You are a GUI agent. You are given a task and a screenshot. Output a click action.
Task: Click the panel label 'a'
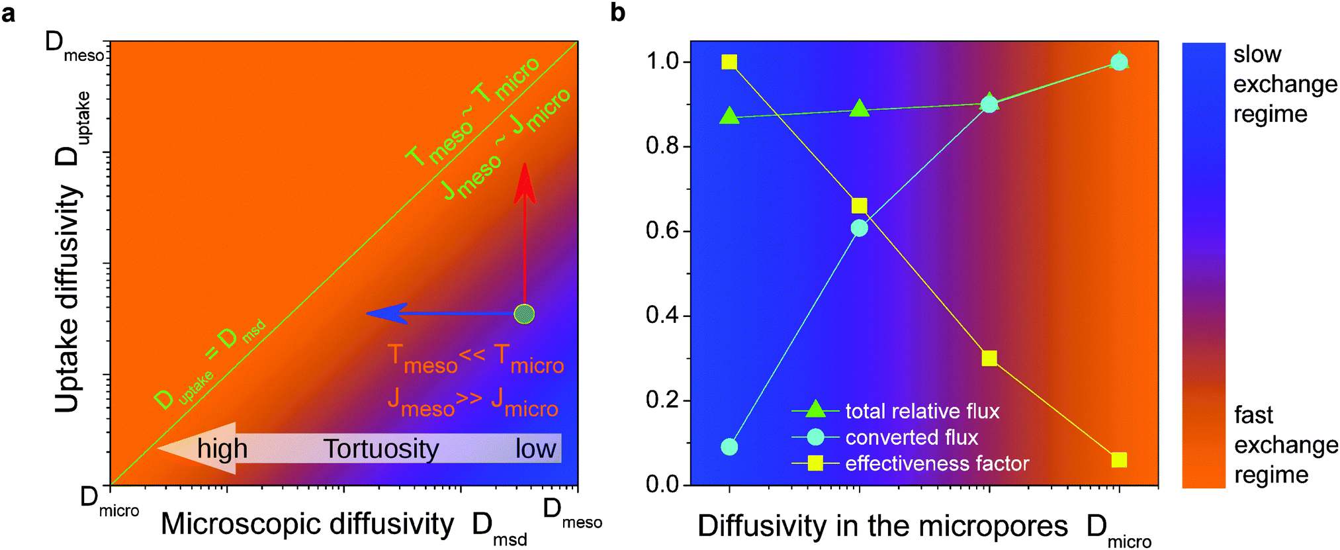pos(9,13)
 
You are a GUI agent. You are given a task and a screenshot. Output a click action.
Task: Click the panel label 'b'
pos(617,12)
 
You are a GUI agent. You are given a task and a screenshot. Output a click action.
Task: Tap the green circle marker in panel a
pos(524,314)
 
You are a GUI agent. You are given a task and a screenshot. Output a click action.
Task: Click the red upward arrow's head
pos(525,182)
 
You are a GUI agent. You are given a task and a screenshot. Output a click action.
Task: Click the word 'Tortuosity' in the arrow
pos(381,449)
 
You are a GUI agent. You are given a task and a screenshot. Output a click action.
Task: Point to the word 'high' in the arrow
pos(222,449)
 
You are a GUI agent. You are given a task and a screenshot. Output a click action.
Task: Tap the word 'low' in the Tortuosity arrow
pos(536,449)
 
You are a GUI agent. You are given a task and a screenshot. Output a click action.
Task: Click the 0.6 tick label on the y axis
pos(662,231)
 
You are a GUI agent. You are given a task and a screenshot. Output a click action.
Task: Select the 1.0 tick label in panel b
pos(662,62)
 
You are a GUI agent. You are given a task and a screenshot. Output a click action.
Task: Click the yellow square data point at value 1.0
pos(729,62)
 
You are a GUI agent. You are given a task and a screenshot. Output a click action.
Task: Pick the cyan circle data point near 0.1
pos(729,447)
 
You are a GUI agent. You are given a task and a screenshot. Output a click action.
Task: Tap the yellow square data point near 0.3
pos(989,358)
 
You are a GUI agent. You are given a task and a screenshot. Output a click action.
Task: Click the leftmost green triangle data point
pos(729,116)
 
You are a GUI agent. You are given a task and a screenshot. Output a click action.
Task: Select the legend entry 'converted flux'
pos(911,437)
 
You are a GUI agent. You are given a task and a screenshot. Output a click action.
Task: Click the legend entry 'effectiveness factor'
pos(936,463)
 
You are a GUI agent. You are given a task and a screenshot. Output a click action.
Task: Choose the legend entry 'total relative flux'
pos(922,411)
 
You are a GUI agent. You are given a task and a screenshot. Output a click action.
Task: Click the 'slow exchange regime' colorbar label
pos(1284,84)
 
